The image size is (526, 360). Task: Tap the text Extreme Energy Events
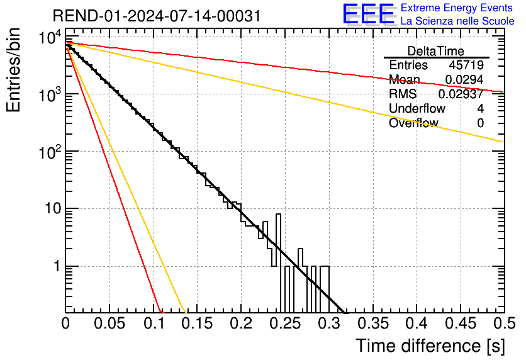(457, 8)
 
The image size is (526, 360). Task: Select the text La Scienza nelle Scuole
(457, 21)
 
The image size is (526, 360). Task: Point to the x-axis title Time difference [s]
(430, 346)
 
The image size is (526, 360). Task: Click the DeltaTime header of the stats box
(436, 51)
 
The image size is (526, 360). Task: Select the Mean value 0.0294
(464, 80)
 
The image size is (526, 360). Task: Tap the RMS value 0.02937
(464, 94)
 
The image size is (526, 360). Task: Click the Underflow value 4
(480, 109)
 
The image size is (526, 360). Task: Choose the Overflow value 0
(480, 123)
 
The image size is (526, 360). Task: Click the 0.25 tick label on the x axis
(284, 324)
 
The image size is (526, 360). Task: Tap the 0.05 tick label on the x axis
(109, 324)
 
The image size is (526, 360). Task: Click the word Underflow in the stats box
(417, 109)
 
